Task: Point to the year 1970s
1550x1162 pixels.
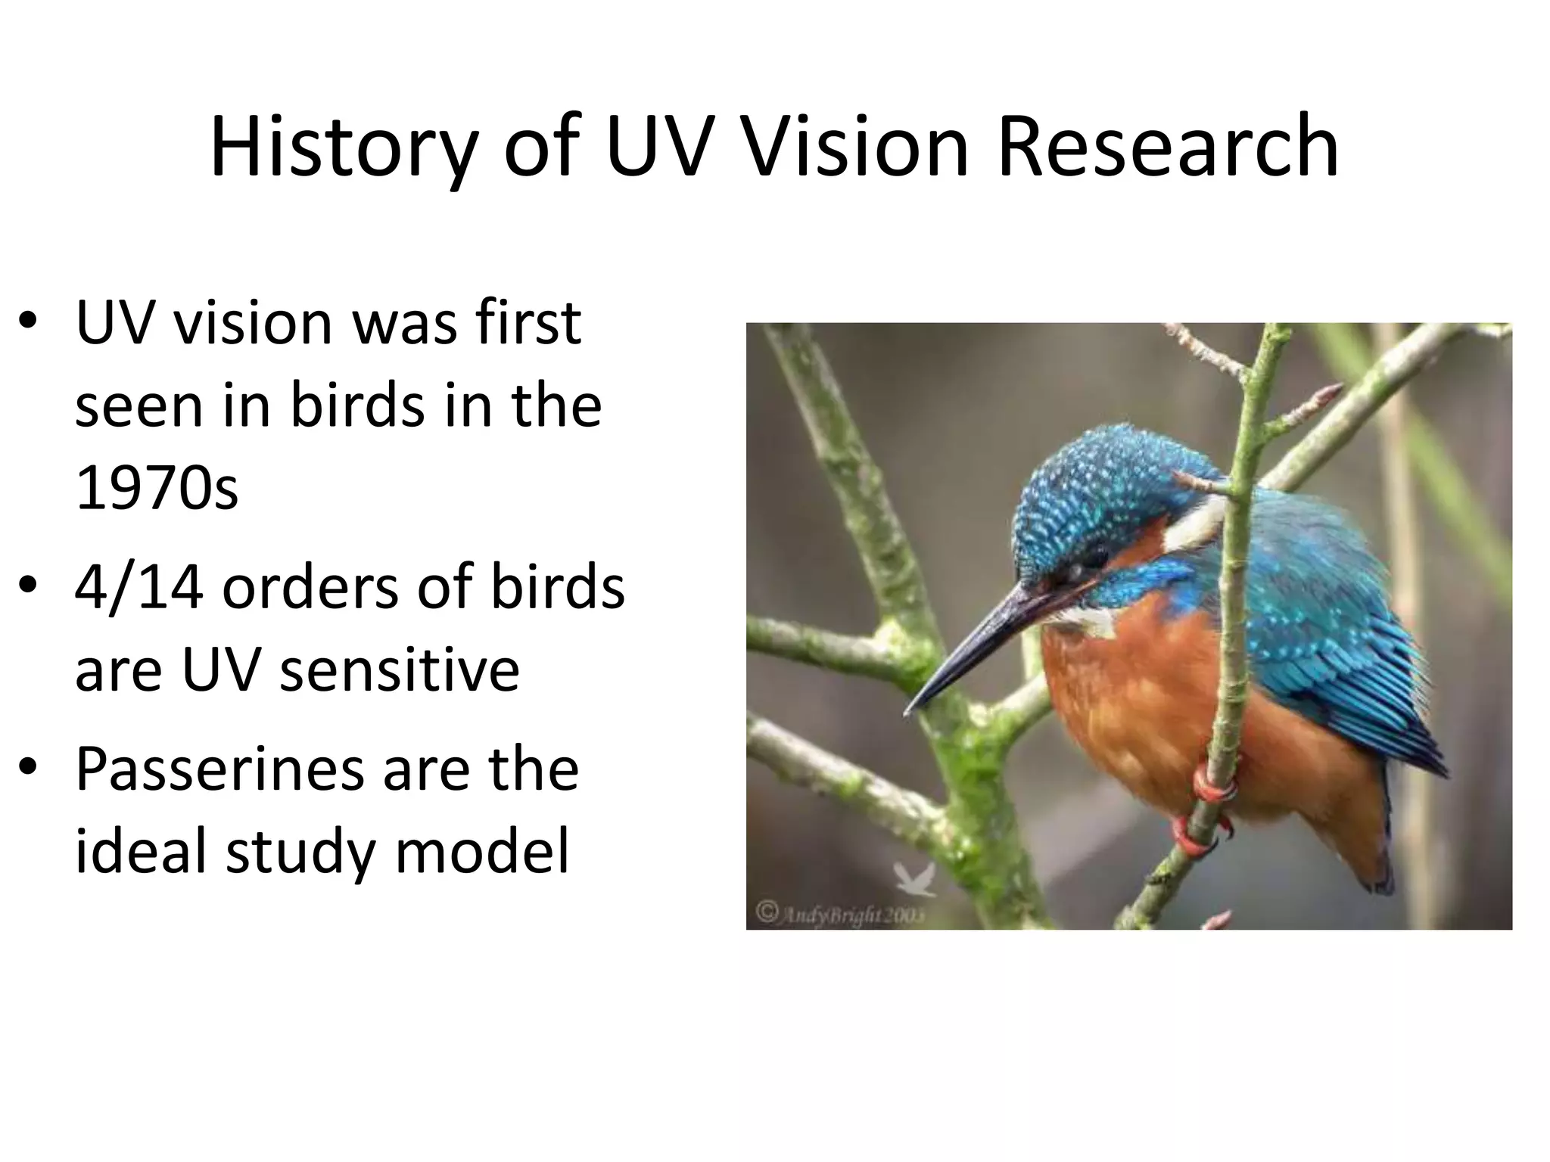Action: point(157,488)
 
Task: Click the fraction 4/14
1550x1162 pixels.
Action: point(139,587)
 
